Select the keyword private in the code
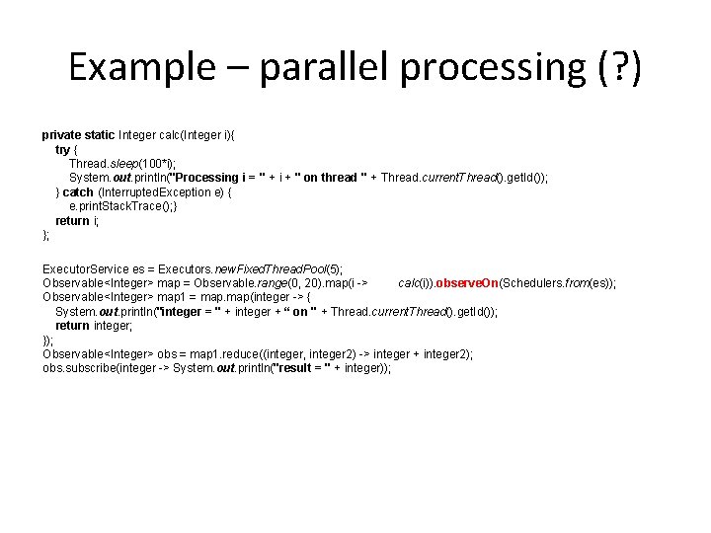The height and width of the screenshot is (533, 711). tap(63, 134)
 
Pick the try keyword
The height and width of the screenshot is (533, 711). tap(63, 149)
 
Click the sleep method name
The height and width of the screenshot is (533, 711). tap(123, 163)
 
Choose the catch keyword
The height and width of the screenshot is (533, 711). tap(78, 192)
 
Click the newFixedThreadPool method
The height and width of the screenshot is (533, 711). tap(257, 268)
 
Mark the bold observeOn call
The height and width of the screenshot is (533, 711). tap(467, 283)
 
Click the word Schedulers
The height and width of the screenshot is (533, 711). tap(534, 283)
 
